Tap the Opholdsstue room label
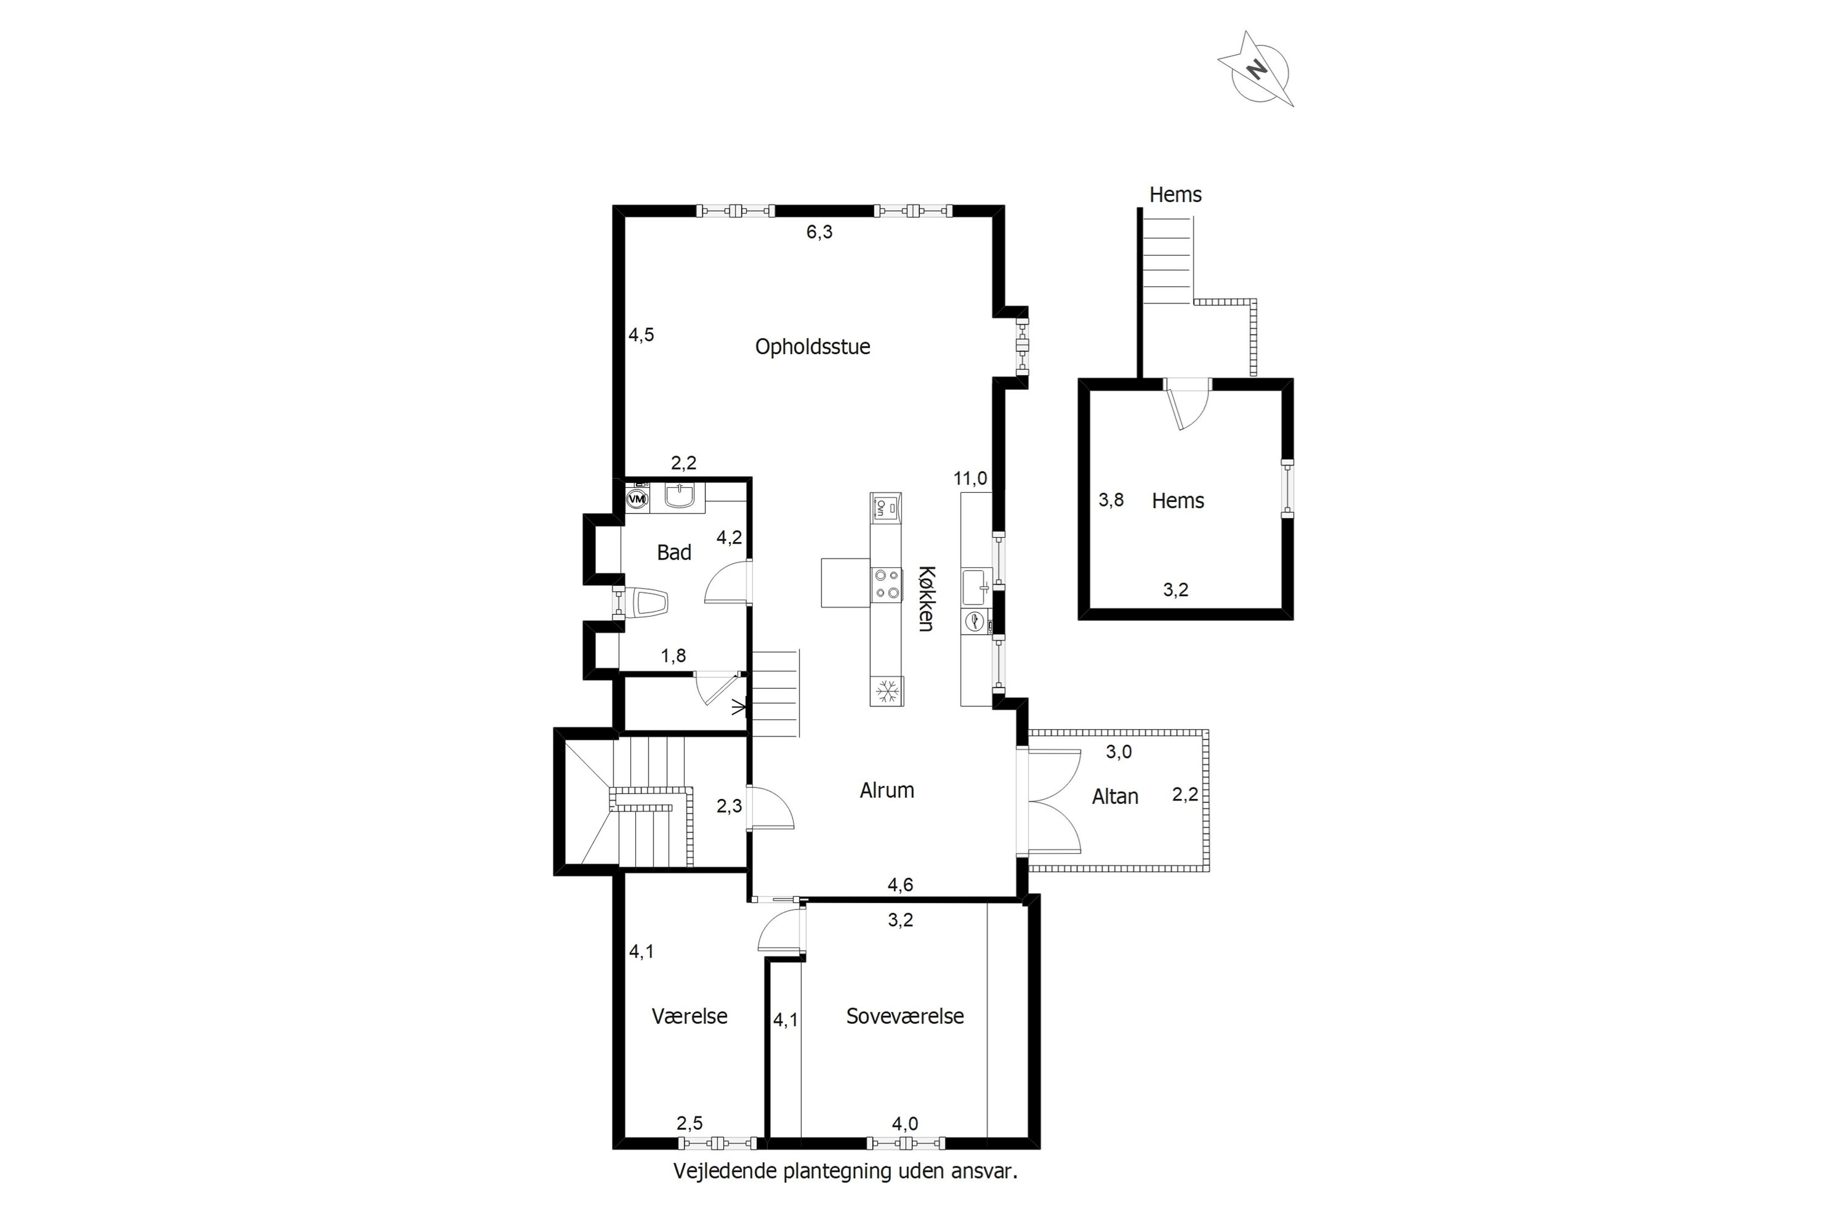click(813, 346)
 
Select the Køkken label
click(927, 599)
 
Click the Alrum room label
click(887, 790)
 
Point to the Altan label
click(1114, 796)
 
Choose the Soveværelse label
click(904, 1016)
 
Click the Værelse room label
click(690, 1016)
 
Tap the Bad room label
click(674, 553)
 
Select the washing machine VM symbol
click(638, 498)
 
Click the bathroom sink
click(678, 496)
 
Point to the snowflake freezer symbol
click(887, 691)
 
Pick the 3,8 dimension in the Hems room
click(1111, 500)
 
